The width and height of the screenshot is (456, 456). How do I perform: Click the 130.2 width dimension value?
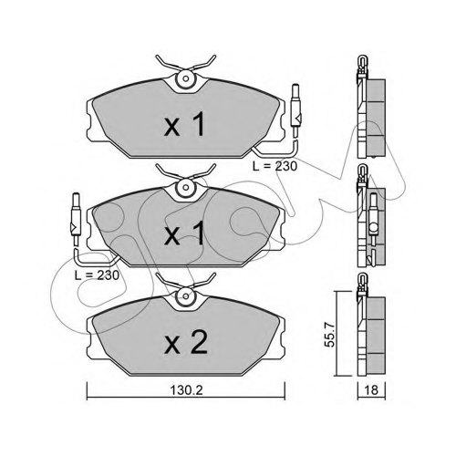186,390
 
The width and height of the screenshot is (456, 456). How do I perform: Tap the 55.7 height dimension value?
330,335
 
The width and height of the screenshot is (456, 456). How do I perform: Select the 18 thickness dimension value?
371,389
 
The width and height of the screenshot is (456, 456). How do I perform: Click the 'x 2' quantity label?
186,342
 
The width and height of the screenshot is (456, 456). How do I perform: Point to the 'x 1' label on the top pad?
184,123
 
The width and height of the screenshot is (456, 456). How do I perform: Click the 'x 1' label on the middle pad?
184,233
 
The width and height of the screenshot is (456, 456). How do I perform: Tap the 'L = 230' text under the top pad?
275,166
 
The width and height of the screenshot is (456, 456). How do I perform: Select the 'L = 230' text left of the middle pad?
97,275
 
